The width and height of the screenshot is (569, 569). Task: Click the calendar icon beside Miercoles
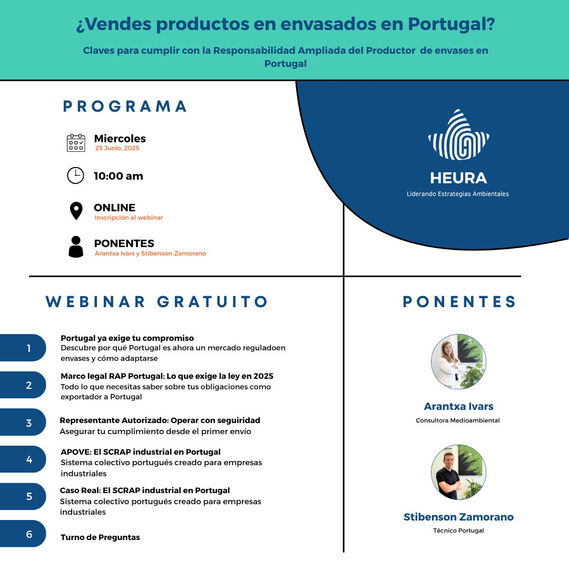[76, 143]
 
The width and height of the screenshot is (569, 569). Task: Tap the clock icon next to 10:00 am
[75, 175]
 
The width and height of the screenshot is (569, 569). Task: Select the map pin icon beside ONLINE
[76, 211]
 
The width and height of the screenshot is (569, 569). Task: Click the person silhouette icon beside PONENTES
[76, 247]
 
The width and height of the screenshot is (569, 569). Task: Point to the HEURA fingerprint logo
[459, 135]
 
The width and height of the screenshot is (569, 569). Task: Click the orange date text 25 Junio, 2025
[117, 148]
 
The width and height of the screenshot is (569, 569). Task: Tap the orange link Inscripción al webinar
[129, 218]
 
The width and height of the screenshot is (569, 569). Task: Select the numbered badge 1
[23, 348]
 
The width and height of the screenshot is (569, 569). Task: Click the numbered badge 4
[23, 459]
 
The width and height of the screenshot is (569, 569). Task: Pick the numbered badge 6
[23, 533]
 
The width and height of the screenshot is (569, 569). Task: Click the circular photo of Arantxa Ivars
[459, 362]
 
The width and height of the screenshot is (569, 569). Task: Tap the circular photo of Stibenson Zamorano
[459, 472]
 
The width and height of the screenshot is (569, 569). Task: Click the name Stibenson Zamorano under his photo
[459, 517]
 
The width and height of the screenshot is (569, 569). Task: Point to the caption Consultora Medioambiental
[458, 420]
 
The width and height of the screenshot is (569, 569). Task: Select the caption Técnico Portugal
[459, 531]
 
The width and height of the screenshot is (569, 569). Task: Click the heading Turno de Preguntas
[100, 537]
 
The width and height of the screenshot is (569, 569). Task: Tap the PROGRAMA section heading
[125, 106]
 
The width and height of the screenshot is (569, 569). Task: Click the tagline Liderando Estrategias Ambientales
[458, 194]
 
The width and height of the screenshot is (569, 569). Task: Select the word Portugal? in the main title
[452, 24]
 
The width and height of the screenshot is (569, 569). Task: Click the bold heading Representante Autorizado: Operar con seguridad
[160, 420]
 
